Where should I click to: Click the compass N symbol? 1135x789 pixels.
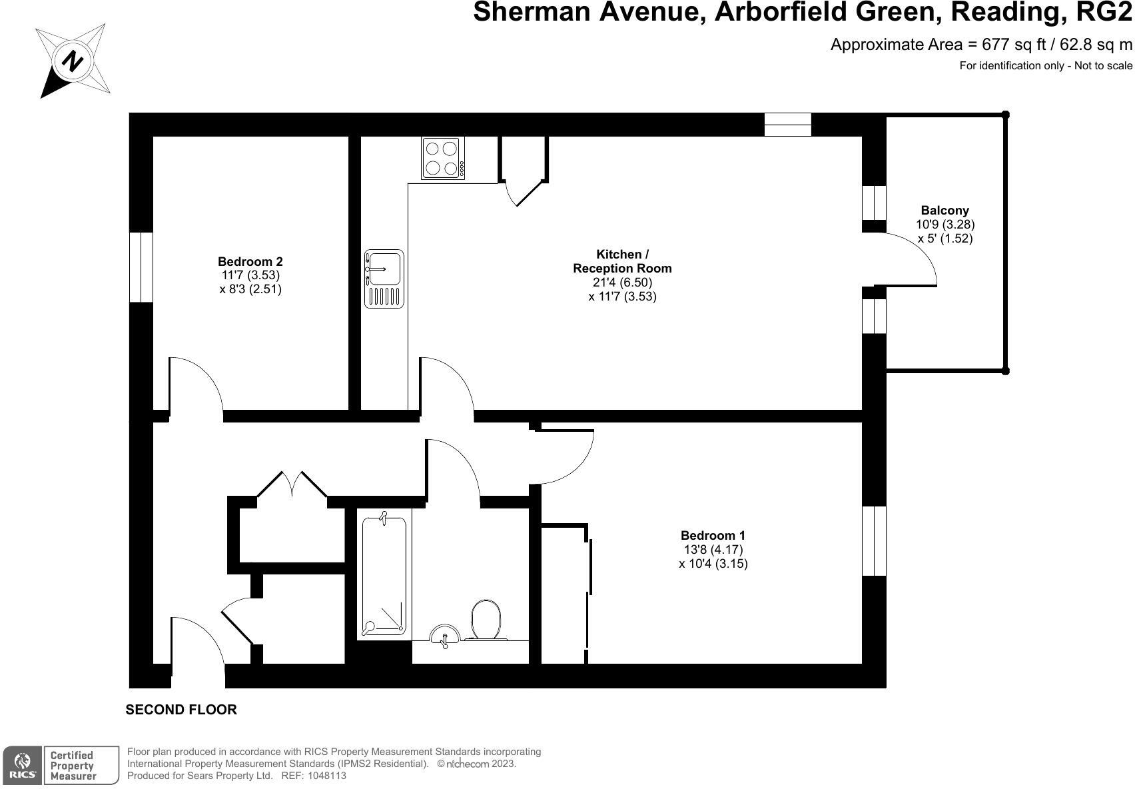point(73,61)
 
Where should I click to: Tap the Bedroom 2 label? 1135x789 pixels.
point(250,262)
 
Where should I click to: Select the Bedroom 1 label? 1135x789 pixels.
point(713,536)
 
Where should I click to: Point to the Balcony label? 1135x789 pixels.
point(945,211)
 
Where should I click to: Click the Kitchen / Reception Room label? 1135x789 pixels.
point(622,261)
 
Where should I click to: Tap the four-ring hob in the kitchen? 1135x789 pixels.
point(443,158)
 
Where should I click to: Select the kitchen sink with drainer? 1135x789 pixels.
point(384,279)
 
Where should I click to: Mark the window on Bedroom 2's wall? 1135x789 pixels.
point(141,267)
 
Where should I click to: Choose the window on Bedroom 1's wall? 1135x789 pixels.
point(874,541)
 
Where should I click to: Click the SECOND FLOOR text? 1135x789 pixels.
point(181,710)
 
